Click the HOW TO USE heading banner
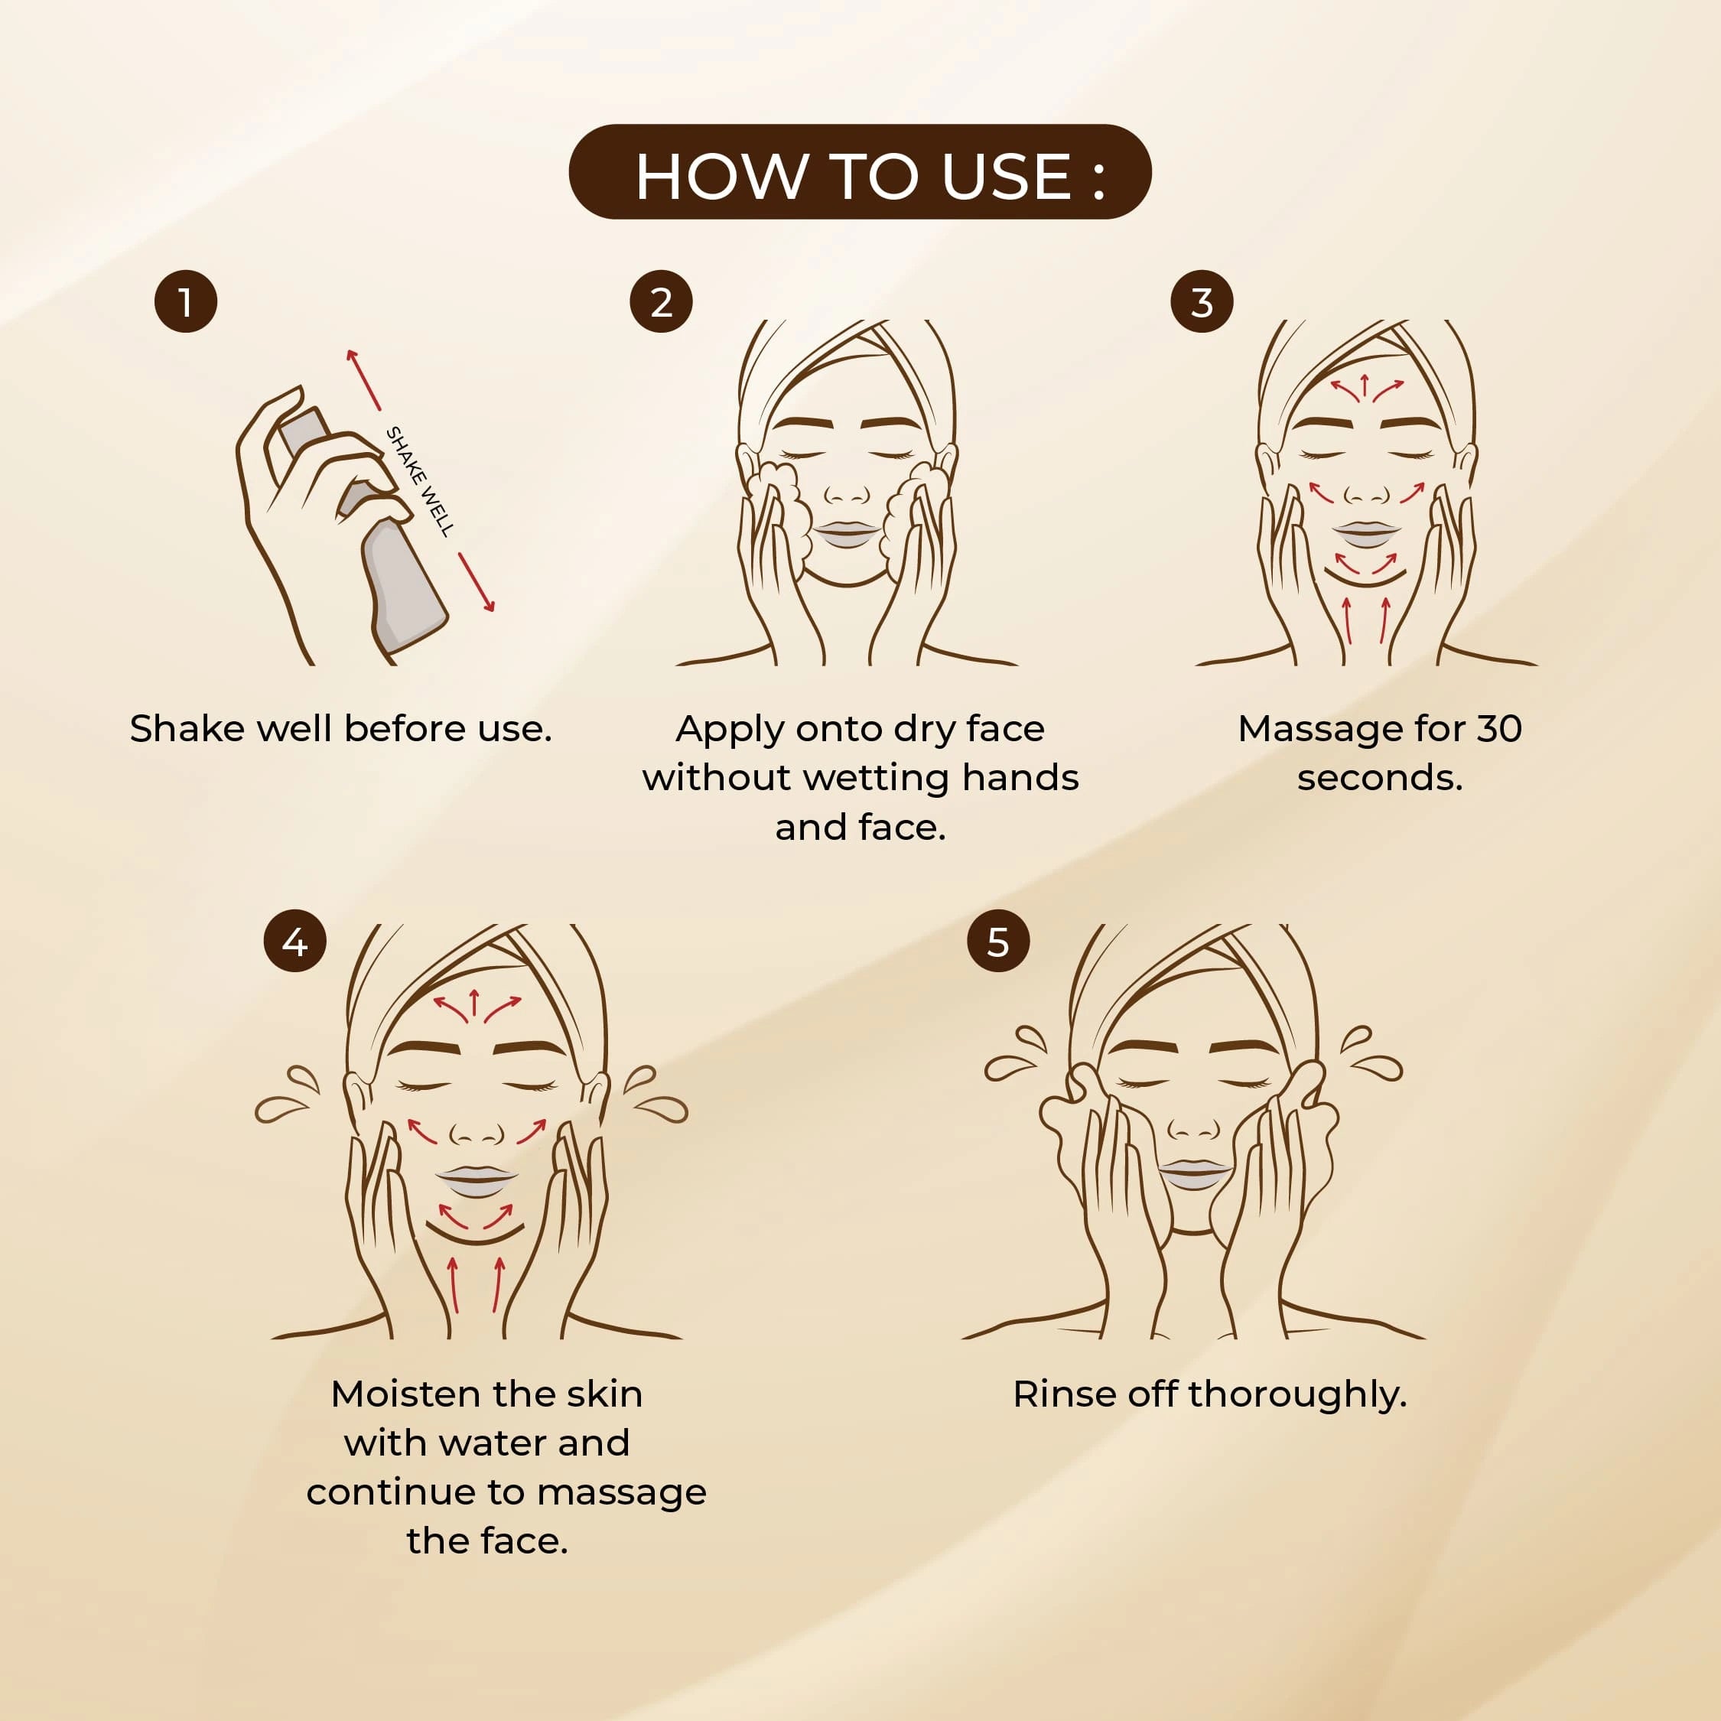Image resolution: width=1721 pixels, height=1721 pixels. point(860,172)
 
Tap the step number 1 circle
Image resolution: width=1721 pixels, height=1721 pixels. point(185,302)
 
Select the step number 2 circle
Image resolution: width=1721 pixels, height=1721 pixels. point(661,302)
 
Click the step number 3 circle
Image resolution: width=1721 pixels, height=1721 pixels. point(1202,302)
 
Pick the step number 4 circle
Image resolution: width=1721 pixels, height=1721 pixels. point(294,942)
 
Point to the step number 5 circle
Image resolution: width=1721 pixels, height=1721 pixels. point(997,942)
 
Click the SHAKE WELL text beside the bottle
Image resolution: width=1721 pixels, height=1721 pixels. point(420,481)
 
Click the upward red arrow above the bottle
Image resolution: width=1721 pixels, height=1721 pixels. point(364,380)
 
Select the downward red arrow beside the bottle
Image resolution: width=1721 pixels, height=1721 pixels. point(477,581)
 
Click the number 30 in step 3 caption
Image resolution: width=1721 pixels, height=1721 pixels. point(1499,730)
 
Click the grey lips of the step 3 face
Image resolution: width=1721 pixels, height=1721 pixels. point(1365,535)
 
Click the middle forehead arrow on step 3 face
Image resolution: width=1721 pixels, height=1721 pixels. point(1364,386)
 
